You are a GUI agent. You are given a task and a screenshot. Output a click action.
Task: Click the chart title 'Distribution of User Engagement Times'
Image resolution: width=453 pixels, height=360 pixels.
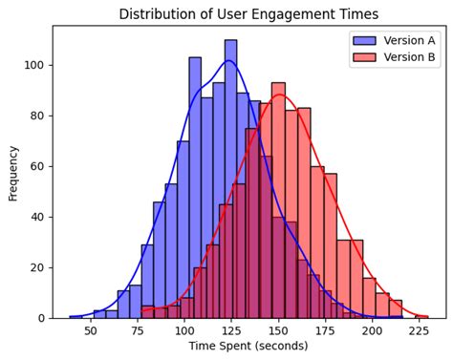pos(248,14)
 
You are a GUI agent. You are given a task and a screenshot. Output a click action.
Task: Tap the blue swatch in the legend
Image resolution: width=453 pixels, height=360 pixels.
pos(364,40)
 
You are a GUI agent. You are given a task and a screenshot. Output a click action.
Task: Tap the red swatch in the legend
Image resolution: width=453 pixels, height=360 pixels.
pos(364,57)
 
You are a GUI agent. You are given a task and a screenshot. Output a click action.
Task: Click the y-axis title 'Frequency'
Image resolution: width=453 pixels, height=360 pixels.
pos(13,172)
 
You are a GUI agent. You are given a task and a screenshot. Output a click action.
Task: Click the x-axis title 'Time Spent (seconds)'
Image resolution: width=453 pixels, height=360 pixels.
pos(248,346)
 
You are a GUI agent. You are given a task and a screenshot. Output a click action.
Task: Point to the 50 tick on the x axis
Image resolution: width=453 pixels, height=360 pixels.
pos(91,330)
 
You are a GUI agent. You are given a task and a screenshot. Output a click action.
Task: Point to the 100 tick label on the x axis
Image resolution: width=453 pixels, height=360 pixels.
pos(184,330)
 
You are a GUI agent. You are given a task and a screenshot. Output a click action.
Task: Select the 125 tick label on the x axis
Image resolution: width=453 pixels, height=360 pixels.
pos(231,330)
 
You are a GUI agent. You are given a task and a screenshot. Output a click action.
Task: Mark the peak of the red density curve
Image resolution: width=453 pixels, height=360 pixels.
pos(278,95)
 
